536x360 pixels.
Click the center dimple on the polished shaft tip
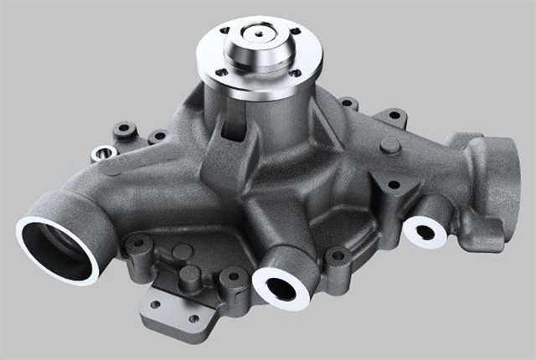click(260, 34)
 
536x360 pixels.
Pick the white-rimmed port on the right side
click(425, 231)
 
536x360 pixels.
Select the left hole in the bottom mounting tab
click(154, 304)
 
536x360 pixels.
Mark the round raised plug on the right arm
click(389, 147)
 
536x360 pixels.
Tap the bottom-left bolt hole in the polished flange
click(221, 73)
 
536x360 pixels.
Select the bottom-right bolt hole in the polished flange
click(295, 74)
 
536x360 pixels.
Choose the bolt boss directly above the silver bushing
click(125, 130)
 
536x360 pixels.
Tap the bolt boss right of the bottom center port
click(338, 255)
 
